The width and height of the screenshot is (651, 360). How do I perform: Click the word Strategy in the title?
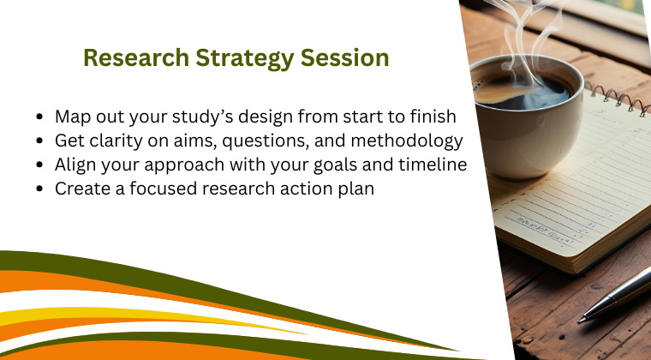click(236, 58)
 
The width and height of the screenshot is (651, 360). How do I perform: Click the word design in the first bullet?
click(280, 117)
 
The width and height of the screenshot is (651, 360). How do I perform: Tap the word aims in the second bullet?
click(201, 141)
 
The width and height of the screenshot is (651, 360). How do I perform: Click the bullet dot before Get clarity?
click(41, 141)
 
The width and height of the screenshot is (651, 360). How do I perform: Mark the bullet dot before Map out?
click(41, 117)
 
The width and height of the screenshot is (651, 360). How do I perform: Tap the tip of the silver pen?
click(582, 319)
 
